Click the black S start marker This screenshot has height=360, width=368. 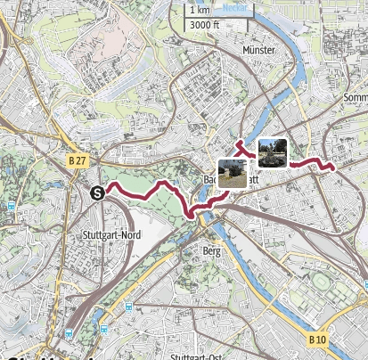96,190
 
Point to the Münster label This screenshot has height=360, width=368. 259,52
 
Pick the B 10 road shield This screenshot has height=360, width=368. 318,340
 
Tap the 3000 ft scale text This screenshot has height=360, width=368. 202,25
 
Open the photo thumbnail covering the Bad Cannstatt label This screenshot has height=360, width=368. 232,173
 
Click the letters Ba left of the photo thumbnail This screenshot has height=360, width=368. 210,179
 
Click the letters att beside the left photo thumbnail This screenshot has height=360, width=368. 255,179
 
